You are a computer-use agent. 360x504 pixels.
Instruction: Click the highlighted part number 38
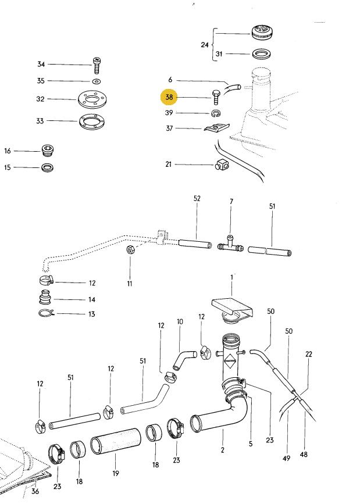click(x=170, y=98)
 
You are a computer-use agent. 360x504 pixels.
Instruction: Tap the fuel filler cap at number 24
click(x=261, y=33)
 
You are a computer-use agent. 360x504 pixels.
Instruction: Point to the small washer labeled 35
click(x=96, y=81)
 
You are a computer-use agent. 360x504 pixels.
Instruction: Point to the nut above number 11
click(x=130, y=251)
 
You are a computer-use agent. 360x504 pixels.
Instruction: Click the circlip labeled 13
click(x=47, y=314)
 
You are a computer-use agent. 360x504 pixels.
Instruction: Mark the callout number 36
click(x=35, y=492)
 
